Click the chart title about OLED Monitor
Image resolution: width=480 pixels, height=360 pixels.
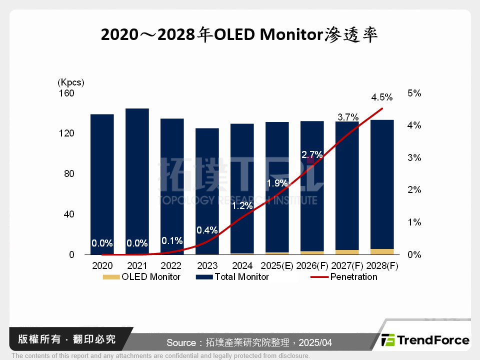[x=239, y=35]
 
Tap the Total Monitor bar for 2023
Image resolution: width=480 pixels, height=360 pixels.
[x=207, y=190]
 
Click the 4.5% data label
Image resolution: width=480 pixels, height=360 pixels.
[x=382, y=97]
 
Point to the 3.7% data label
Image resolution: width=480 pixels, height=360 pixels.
[x=348, y=117]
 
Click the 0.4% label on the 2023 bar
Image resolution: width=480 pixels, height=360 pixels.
[x=207, y=230]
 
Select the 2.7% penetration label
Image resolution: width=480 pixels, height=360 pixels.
[x=312, y=155]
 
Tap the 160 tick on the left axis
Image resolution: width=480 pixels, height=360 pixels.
[x=67, y=93]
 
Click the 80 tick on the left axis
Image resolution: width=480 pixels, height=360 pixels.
[x=69, y=174]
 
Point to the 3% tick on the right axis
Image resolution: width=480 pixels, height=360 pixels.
[x=415, y=158]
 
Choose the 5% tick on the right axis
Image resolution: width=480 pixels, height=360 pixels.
[x=415, y=93]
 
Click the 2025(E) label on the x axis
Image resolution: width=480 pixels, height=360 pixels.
[x=277, y=265]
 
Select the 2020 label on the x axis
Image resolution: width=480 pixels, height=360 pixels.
[x=102, y=265]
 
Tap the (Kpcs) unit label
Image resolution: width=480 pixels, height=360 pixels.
[x=71, y=82]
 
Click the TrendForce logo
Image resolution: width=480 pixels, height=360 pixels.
[x=425, y=340]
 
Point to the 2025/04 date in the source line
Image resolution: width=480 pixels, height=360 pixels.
[x=315, y=343]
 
